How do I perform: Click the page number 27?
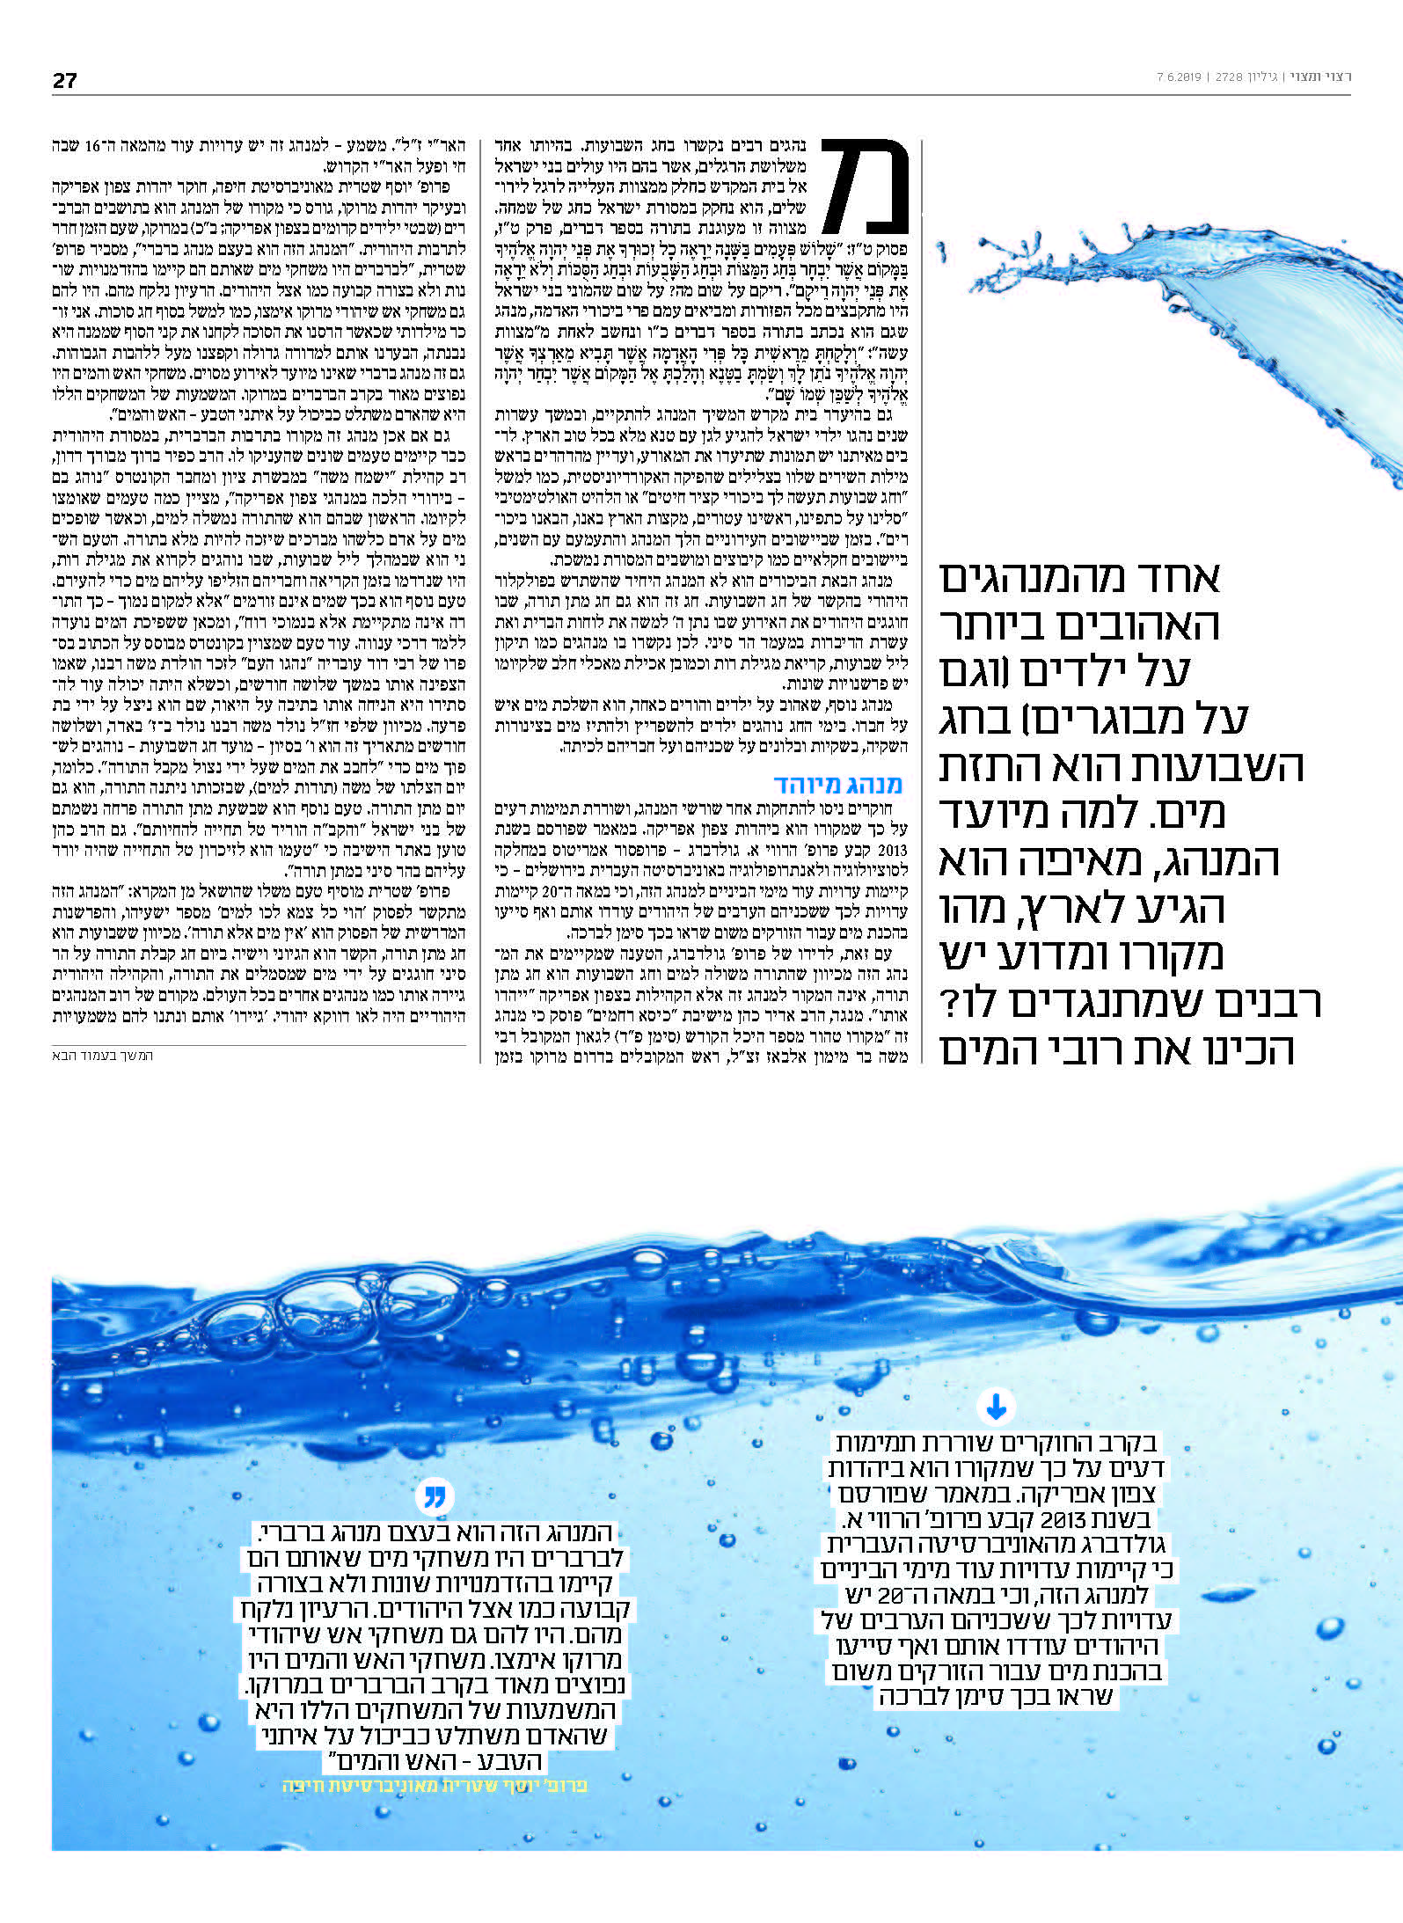(64, 80)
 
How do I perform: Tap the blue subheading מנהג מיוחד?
(837, 784)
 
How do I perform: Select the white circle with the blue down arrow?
(996, 1408)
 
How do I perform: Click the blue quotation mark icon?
(435, 1495)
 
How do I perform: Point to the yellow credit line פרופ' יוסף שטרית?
(435, 1785)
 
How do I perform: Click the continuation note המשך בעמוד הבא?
(102, 1055)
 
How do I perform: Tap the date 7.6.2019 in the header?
(1179, 77)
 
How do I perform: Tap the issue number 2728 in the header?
(1229, 77)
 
